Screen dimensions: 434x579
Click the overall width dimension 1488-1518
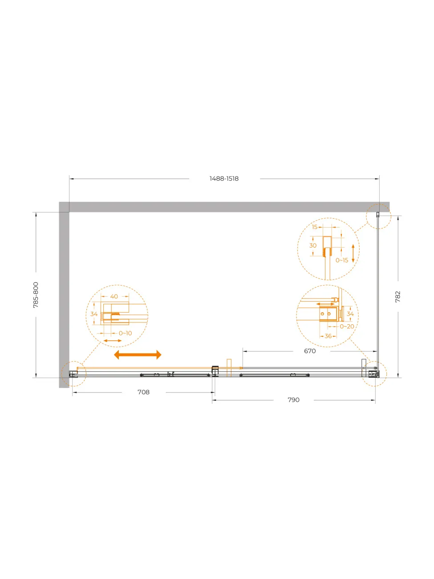(224, 179)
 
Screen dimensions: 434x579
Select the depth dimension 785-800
(36, 295)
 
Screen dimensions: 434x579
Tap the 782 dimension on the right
(397, 297)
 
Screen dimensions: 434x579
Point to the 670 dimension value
(310, 351)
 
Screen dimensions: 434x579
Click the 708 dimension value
(144, 392)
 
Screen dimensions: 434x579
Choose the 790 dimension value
(293, 400)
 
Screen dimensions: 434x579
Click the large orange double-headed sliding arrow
(138, 355)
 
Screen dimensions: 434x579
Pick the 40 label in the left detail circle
(114, 296)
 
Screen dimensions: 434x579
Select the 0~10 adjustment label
(126, 333)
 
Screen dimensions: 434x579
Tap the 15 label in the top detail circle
(315, 227)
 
